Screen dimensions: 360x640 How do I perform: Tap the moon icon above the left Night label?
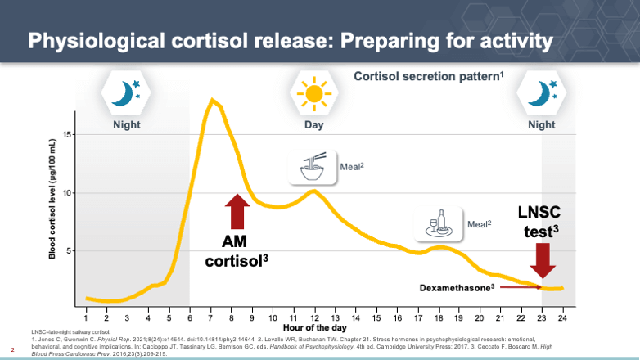(127, 93)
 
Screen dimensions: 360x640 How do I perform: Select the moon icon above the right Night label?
(541, 93)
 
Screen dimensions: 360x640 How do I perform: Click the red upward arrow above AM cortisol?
(237, 211)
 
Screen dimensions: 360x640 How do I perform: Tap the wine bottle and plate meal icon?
(439, 223)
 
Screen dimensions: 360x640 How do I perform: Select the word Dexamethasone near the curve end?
(455, 288)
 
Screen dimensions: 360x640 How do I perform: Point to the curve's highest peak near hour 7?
(213, 100)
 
